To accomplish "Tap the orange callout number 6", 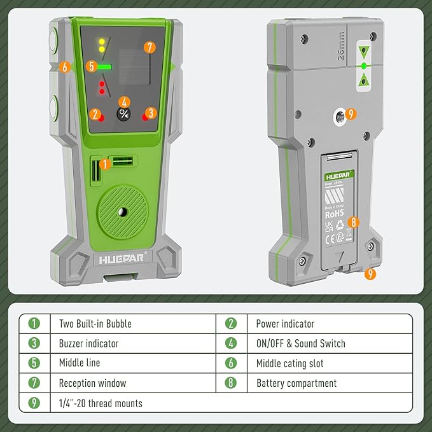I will click(x=64, y=67).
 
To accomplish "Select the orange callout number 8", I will click(x=353, y=223).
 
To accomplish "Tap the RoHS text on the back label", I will click(x=335, y=214).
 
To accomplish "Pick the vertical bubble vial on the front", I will click(x=95, y=171).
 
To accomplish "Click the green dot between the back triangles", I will click(x=363, y=66).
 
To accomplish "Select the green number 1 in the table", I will click(x=34, y=323).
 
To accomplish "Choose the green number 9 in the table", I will click(x=34, y=403).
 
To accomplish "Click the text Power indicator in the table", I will click(x=285, y=323).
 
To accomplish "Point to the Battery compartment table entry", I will click(x=296, y=383).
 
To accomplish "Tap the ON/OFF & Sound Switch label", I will click(x=300, y=343).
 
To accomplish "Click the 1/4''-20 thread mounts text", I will click(x=101, y=403).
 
